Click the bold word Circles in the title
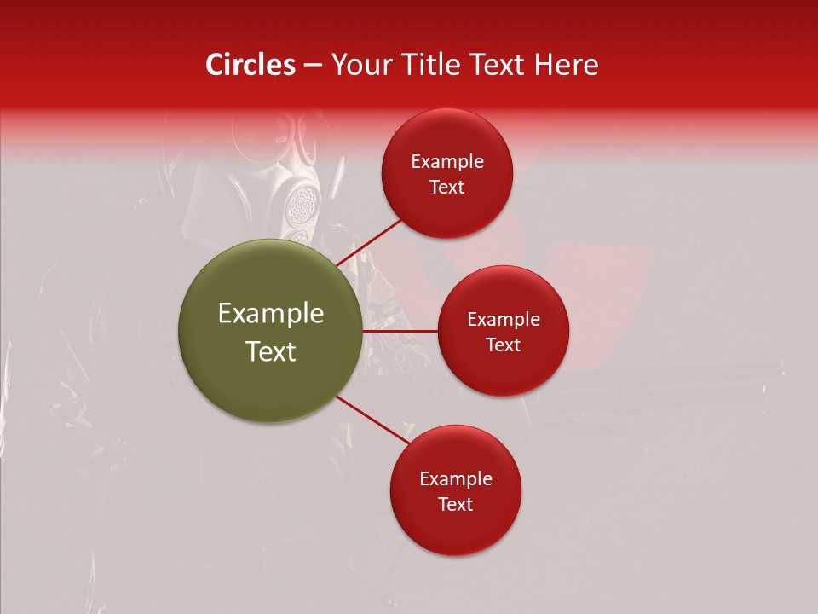[x=250, y=65]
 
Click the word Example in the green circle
[x=271, y=314]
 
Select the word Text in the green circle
[x=271, y=351]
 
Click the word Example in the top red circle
[x=447, y=161]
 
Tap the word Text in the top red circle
[x=447, y=187]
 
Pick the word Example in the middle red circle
[x=504, y=319]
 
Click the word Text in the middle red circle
[x=504, y=345]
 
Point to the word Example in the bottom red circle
[x=456, y=478]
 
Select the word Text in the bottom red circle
[x=456, y=504]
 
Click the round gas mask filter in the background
[x=302, y=203]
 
